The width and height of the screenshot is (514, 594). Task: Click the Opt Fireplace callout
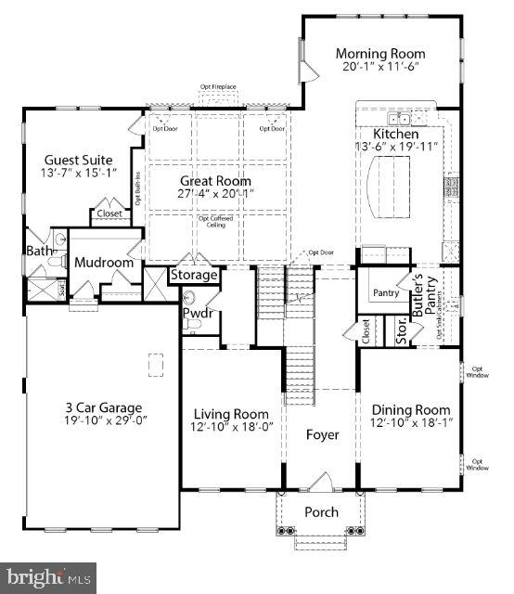pyautogui.click(x=218, y=87)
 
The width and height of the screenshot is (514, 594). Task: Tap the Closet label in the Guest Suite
pyautogui.click(x=109, y=213)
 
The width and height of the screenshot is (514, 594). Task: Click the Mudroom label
pyautogui.click(x=105, y=263)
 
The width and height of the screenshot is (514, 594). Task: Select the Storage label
pyautogui.click(x=194, y=276)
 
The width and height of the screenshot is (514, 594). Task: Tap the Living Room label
pyautogui.click(x=231, y=413)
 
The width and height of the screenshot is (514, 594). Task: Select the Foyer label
pyautogui.click(x=322, y=434)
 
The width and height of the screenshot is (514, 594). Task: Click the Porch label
pyautogui.click(x=322, y=512)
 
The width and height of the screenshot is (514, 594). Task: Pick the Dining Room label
pyautogui.click(x=411, y=410)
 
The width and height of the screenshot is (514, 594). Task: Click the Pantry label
pyautogui.click(x=386, y=293)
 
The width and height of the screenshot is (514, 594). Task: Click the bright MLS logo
pyautogui.click(x=48, y=578)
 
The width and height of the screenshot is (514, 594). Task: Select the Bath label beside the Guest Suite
pyautogui.click(x=37, y=251)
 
